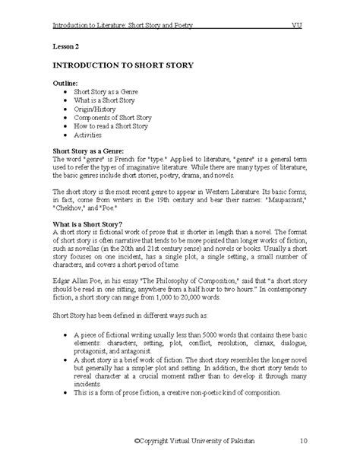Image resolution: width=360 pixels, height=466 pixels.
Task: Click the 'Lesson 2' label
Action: (x=66, y=47)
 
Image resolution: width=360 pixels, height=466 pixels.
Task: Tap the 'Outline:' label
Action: (x=65, y=81)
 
